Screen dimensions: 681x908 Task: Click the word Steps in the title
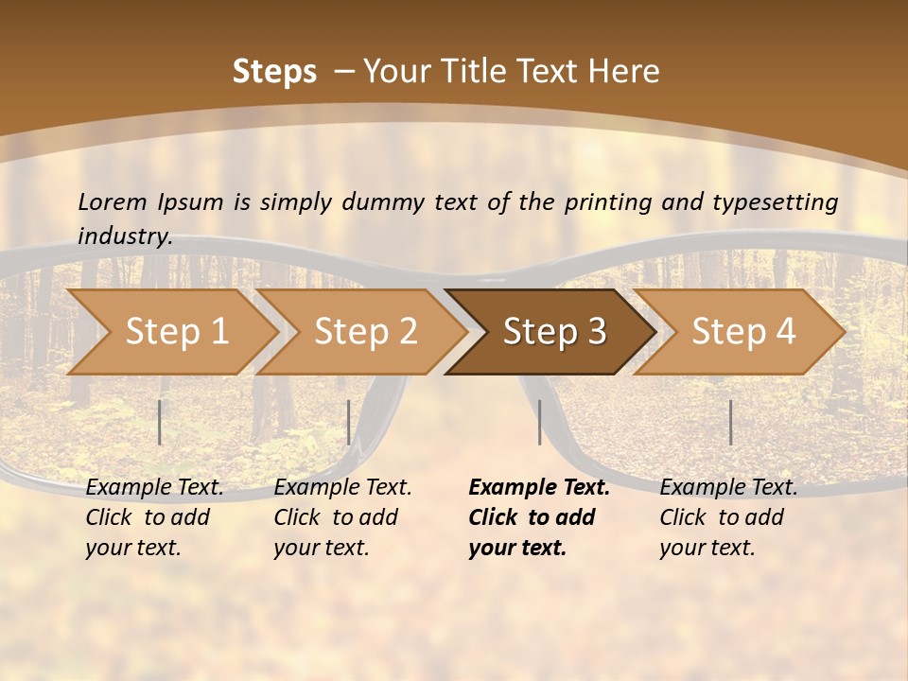pyautogui.click(x=274, y=72)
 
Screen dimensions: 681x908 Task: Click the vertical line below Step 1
pyautogui.click(x=160, y=422)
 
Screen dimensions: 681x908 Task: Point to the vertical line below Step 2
pyautogui.click(x=349, y=422)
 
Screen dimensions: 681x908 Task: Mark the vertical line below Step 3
pyautogui.click(x=540, y=422)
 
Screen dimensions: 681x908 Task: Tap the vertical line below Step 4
pyautogui.click(x=731, y=422)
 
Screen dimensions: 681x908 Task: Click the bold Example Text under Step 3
pyautogui.click(x=539, y=488)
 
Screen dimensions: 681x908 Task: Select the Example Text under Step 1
pyautogui.click(x=154, y=488)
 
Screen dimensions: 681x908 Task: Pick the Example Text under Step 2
pyautogui.click(x=342, y=488)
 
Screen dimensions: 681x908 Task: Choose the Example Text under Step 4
pyautogui.click(x=728, y=488)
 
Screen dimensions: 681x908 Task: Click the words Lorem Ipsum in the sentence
pyautogui.click(x=150, y=202)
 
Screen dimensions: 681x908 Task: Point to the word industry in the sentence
pyautogui.click(x=124, y=236)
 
